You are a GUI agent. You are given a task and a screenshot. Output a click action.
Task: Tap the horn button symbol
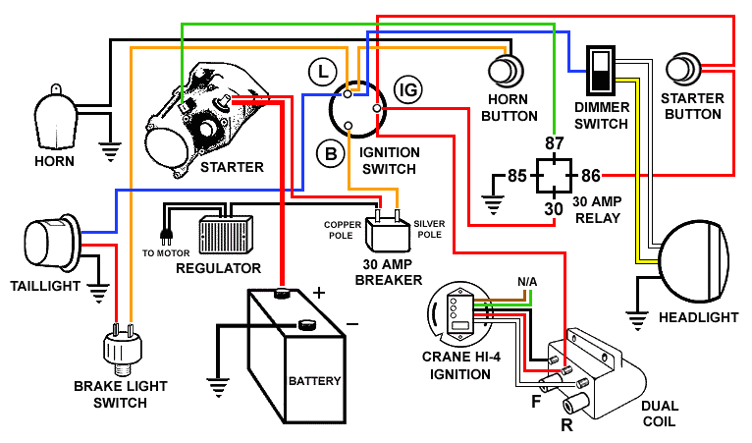click(507, 72)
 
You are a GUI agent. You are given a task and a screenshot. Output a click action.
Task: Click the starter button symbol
click(683, 69)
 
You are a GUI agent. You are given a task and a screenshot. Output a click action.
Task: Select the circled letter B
click(329, 152)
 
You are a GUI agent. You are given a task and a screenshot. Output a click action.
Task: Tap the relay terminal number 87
click(555, 143)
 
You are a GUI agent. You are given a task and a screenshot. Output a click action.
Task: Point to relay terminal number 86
click(591, 177)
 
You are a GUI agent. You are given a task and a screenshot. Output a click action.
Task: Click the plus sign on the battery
click(318, 293)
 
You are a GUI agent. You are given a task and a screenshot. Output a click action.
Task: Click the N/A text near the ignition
click(527, 282)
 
